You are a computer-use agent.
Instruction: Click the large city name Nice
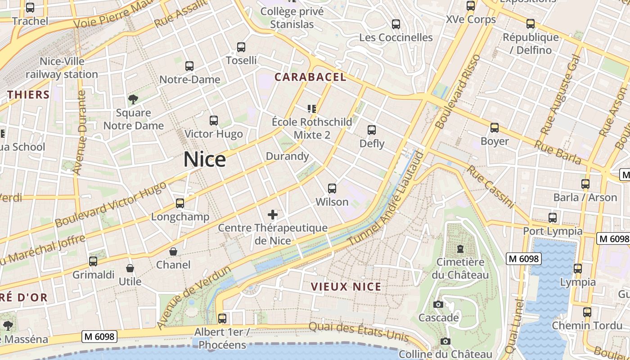pyautogui.click(x=205, y=160)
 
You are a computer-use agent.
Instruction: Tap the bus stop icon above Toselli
pyautogui.click(x=241, y=47)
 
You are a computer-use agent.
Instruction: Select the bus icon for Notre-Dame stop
pyautogui.click(x=189, y=66)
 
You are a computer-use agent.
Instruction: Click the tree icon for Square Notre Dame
pyautogui.click(x=133, y=99)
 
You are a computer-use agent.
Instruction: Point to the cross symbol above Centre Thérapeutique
pyautogui.click(x=273, y=215)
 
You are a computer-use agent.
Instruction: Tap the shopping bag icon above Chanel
pyautogui.click(x=173, y=252)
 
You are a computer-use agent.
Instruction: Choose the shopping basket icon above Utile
pyautogui.click(x=130, y=269)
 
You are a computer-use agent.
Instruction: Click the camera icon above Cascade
pyautogui.click(x=438, y=305)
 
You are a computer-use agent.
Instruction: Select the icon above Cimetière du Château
pyautogui.click(x=460, y=249)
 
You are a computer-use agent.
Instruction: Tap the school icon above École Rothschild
pyautogui.click(x=312, y=108)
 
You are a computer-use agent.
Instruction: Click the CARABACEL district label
pyautogui.click(x=310, y=77)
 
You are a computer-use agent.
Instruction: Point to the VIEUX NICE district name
pyautogui.click(x=346, y=287)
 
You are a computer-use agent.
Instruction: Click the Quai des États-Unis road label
pyautogui.click(x=359, y=332)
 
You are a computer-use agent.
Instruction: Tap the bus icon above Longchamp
pyautogui.click(x=180, y=203)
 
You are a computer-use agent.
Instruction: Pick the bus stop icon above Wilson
pyautogui.click(x=332, y=189)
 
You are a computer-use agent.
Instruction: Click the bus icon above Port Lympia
pyautogui.click(x=553, y=218)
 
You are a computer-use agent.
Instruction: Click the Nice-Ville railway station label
pyautogui.click(x=62, y=68)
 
